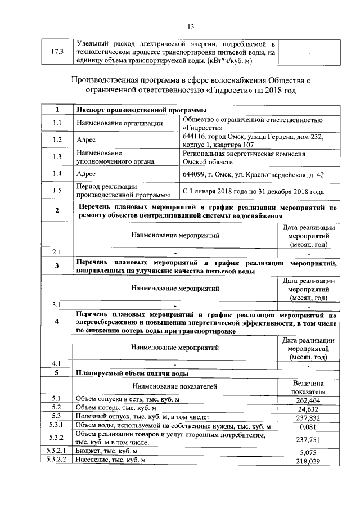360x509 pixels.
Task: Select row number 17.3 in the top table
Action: tap(57, 52)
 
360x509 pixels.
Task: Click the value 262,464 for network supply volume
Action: tap(308, 400)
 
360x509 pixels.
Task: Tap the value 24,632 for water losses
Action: tap(308, 408)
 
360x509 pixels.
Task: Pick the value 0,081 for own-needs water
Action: tap(308, 426)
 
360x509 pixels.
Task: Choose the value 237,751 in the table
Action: tap(308, 439)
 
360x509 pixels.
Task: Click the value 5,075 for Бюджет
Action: tap(308, 452)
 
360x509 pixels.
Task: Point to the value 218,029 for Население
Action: tap(308, 461)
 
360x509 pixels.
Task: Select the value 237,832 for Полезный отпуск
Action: tap(308, 417)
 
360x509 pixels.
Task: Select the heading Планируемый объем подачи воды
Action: tap(132, 373)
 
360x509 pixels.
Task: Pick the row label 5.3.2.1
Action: tap(57, 452)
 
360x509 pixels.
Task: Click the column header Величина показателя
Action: tap(308, 386)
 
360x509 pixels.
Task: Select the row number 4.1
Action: tap(57, 364)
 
